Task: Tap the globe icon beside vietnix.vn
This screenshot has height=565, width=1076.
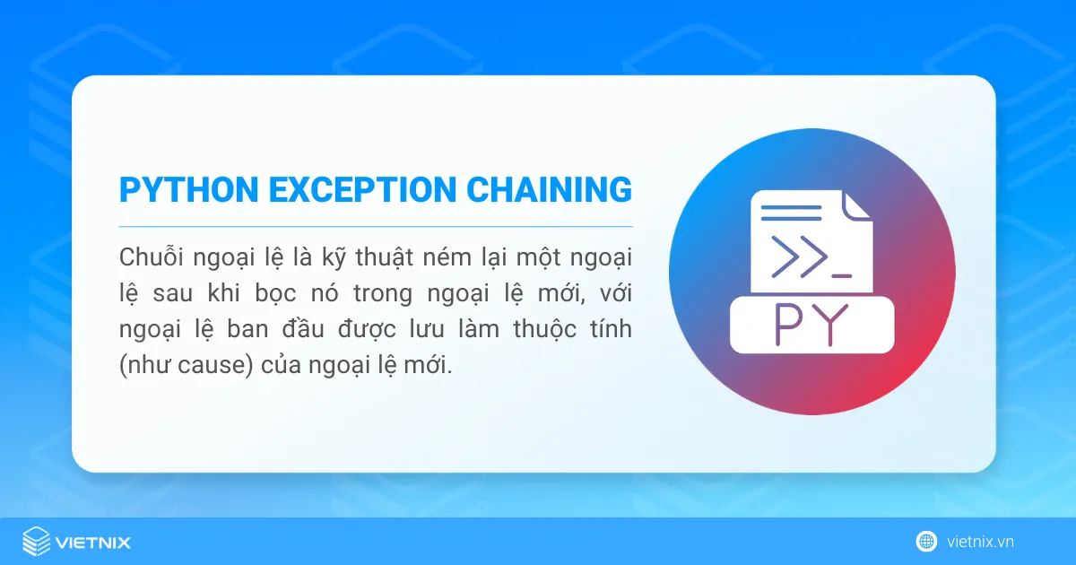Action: tap(926, 541)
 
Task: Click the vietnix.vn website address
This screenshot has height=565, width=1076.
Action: tap(980, 542)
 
